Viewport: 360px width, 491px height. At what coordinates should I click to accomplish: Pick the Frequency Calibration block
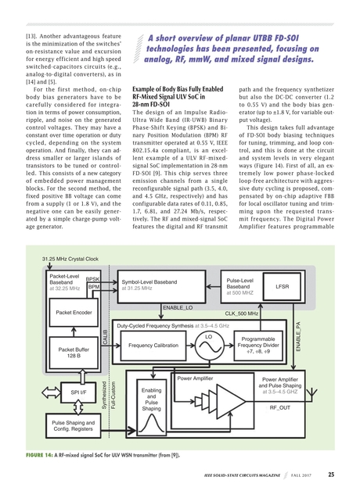pos(153,345)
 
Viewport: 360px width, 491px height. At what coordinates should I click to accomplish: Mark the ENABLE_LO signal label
pos(178,309)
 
